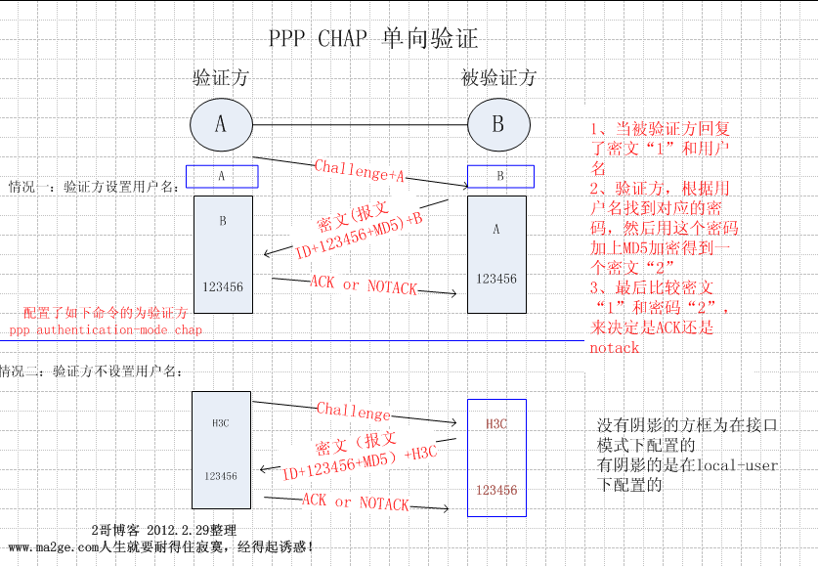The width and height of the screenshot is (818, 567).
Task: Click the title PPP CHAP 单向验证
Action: coord(373,39)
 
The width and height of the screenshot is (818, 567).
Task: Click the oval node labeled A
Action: coord(220,124)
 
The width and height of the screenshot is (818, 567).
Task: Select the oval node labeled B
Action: coord(498,124)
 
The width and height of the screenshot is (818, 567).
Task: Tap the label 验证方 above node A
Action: coord(220,78)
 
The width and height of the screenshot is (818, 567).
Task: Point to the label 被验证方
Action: coord(498,78)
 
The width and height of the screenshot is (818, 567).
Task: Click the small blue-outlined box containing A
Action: coord(222,176)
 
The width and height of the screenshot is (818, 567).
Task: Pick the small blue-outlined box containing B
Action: coord(500,176)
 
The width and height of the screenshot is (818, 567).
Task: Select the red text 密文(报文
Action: coord(354,218)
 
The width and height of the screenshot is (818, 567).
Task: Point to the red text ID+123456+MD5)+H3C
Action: coord(359,461)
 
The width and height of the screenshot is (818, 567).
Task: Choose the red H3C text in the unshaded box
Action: coord(496,424)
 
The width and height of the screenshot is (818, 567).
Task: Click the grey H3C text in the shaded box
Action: coord(220,423)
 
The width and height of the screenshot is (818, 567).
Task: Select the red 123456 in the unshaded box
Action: coord(496,490)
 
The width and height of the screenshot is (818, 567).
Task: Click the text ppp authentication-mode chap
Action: coord(106,329)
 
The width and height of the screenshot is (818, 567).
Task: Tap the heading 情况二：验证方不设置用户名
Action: coord(92,371)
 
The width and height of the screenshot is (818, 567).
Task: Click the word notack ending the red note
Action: coord(614,347)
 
